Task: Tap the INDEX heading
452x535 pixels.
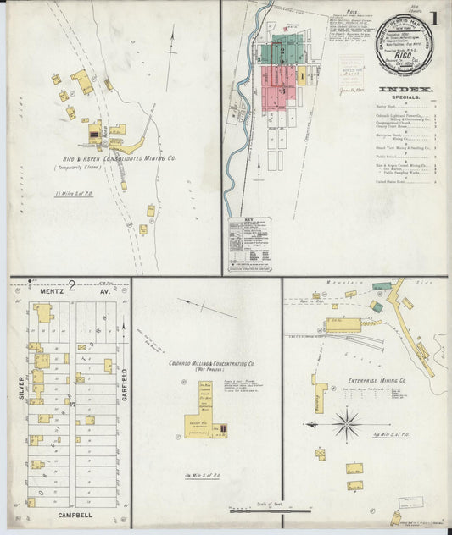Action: point(405,89)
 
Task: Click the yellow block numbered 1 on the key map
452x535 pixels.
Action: point(300,74)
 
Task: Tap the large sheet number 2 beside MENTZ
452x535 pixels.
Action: point(73,286)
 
